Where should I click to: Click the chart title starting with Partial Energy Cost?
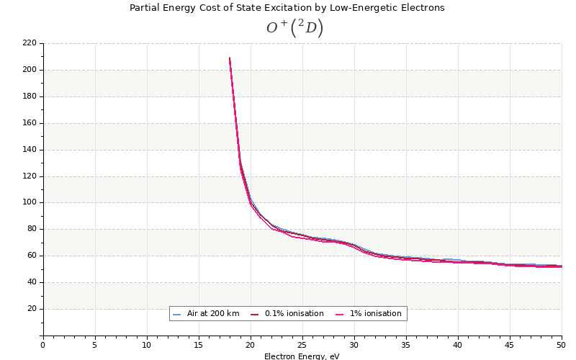[287, 8]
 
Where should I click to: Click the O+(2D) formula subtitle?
[294, 28]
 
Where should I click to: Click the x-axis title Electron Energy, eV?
[302, 356]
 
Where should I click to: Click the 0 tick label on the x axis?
[42, 345]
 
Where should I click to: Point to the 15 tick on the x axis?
[199, 345]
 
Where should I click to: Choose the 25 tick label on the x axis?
[302, 345]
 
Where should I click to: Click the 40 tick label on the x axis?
[458, 345]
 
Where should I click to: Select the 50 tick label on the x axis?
[561, 345]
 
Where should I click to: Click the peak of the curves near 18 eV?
[230, 58]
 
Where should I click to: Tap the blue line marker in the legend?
[177, 314]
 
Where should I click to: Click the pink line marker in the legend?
[340, 314]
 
